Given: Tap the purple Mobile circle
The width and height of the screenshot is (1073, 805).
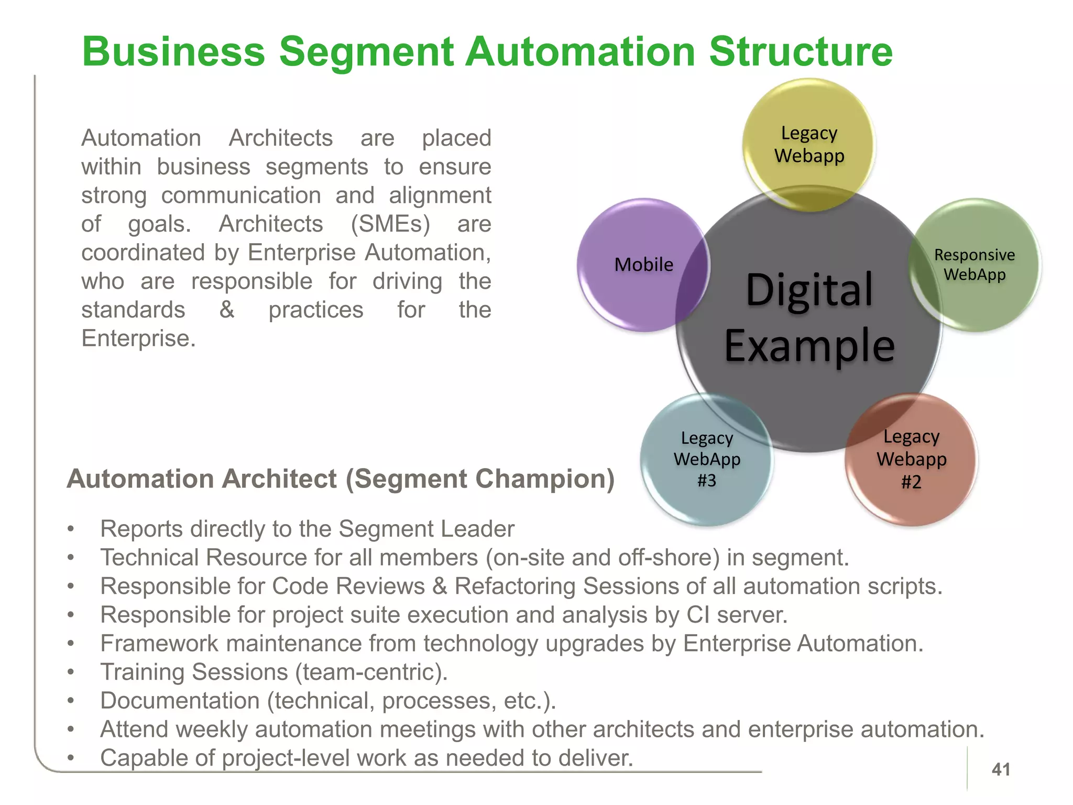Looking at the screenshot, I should click(643, 265).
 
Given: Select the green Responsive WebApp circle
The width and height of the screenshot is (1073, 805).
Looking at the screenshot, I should click(975, 265).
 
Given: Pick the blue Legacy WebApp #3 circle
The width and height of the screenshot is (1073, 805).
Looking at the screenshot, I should click(707, 460).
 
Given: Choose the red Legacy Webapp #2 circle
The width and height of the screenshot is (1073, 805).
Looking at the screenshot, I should click(912, 460).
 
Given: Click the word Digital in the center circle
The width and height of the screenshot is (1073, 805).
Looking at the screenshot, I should click(809, 290).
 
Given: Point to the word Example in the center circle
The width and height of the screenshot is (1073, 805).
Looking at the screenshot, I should click(809, 346).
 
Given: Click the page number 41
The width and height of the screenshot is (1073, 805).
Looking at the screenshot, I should click(1001, 769).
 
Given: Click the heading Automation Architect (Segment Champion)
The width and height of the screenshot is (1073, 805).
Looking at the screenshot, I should click(341, 478).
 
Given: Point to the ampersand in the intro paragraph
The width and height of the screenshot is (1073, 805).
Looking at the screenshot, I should click(227, 309).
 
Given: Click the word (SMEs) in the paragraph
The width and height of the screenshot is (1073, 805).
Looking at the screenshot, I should click(390, 224).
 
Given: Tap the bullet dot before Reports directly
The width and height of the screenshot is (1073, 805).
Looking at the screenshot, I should click(71, 529).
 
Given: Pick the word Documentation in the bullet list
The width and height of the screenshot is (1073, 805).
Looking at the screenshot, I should click(180, 701).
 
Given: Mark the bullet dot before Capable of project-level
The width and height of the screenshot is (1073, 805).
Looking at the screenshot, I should click(71, 758).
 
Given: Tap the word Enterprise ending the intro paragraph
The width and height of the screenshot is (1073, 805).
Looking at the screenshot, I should click(138, 338).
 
